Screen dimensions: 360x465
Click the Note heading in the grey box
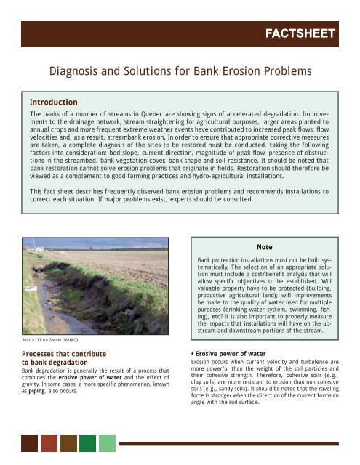(265, 247)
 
